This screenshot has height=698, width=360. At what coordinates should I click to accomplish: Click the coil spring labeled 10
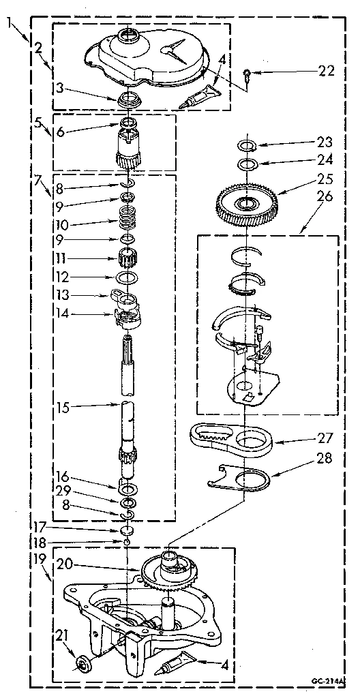[x=127, y=222]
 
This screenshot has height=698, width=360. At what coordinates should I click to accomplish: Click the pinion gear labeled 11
[x=127, y=260]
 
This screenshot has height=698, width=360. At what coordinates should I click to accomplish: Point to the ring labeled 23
[x=247, y=145]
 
